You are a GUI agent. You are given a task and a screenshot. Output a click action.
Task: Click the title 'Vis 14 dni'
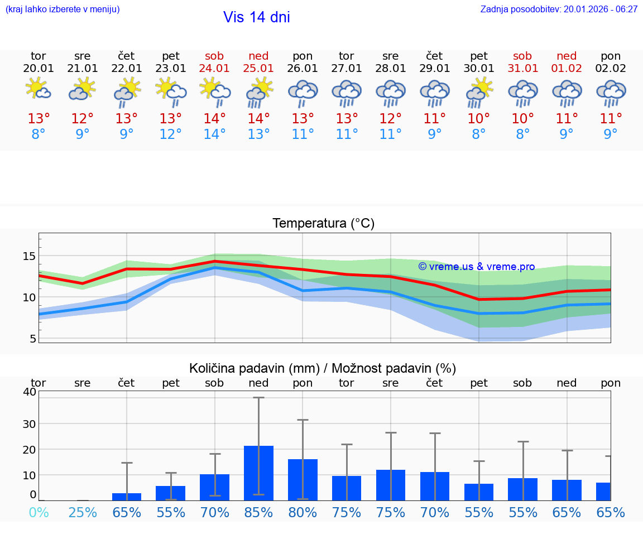257,17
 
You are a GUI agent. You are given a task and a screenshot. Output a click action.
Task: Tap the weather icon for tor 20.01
39,89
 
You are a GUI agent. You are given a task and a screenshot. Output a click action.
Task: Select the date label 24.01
214,68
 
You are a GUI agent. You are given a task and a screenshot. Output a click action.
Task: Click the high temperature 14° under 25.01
258,118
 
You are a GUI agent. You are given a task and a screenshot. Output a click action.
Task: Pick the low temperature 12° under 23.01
171,134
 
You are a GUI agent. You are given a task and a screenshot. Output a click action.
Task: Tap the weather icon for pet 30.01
479,92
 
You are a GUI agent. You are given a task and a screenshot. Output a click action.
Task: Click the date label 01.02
567,68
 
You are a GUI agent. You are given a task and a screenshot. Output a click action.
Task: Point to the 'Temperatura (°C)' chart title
323,224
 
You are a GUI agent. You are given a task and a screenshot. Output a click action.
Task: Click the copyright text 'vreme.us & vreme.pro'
477,267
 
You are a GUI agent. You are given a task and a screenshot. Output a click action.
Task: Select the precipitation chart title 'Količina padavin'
323,368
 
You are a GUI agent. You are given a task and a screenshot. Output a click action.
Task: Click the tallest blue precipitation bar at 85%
258,473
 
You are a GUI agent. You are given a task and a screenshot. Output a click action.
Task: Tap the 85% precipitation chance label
258,512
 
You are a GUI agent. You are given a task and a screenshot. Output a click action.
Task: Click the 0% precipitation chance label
39,512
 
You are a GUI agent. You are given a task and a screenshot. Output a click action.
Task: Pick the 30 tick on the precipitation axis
29,423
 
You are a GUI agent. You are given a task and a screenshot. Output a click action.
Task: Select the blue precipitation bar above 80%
303,479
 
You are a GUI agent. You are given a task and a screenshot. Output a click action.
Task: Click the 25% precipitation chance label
83,512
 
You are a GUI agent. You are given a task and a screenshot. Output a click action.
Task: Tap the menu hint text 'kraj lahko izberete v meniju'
62,9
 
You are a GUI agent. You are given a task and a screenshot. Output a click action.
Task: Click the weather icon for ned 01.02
567,93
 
